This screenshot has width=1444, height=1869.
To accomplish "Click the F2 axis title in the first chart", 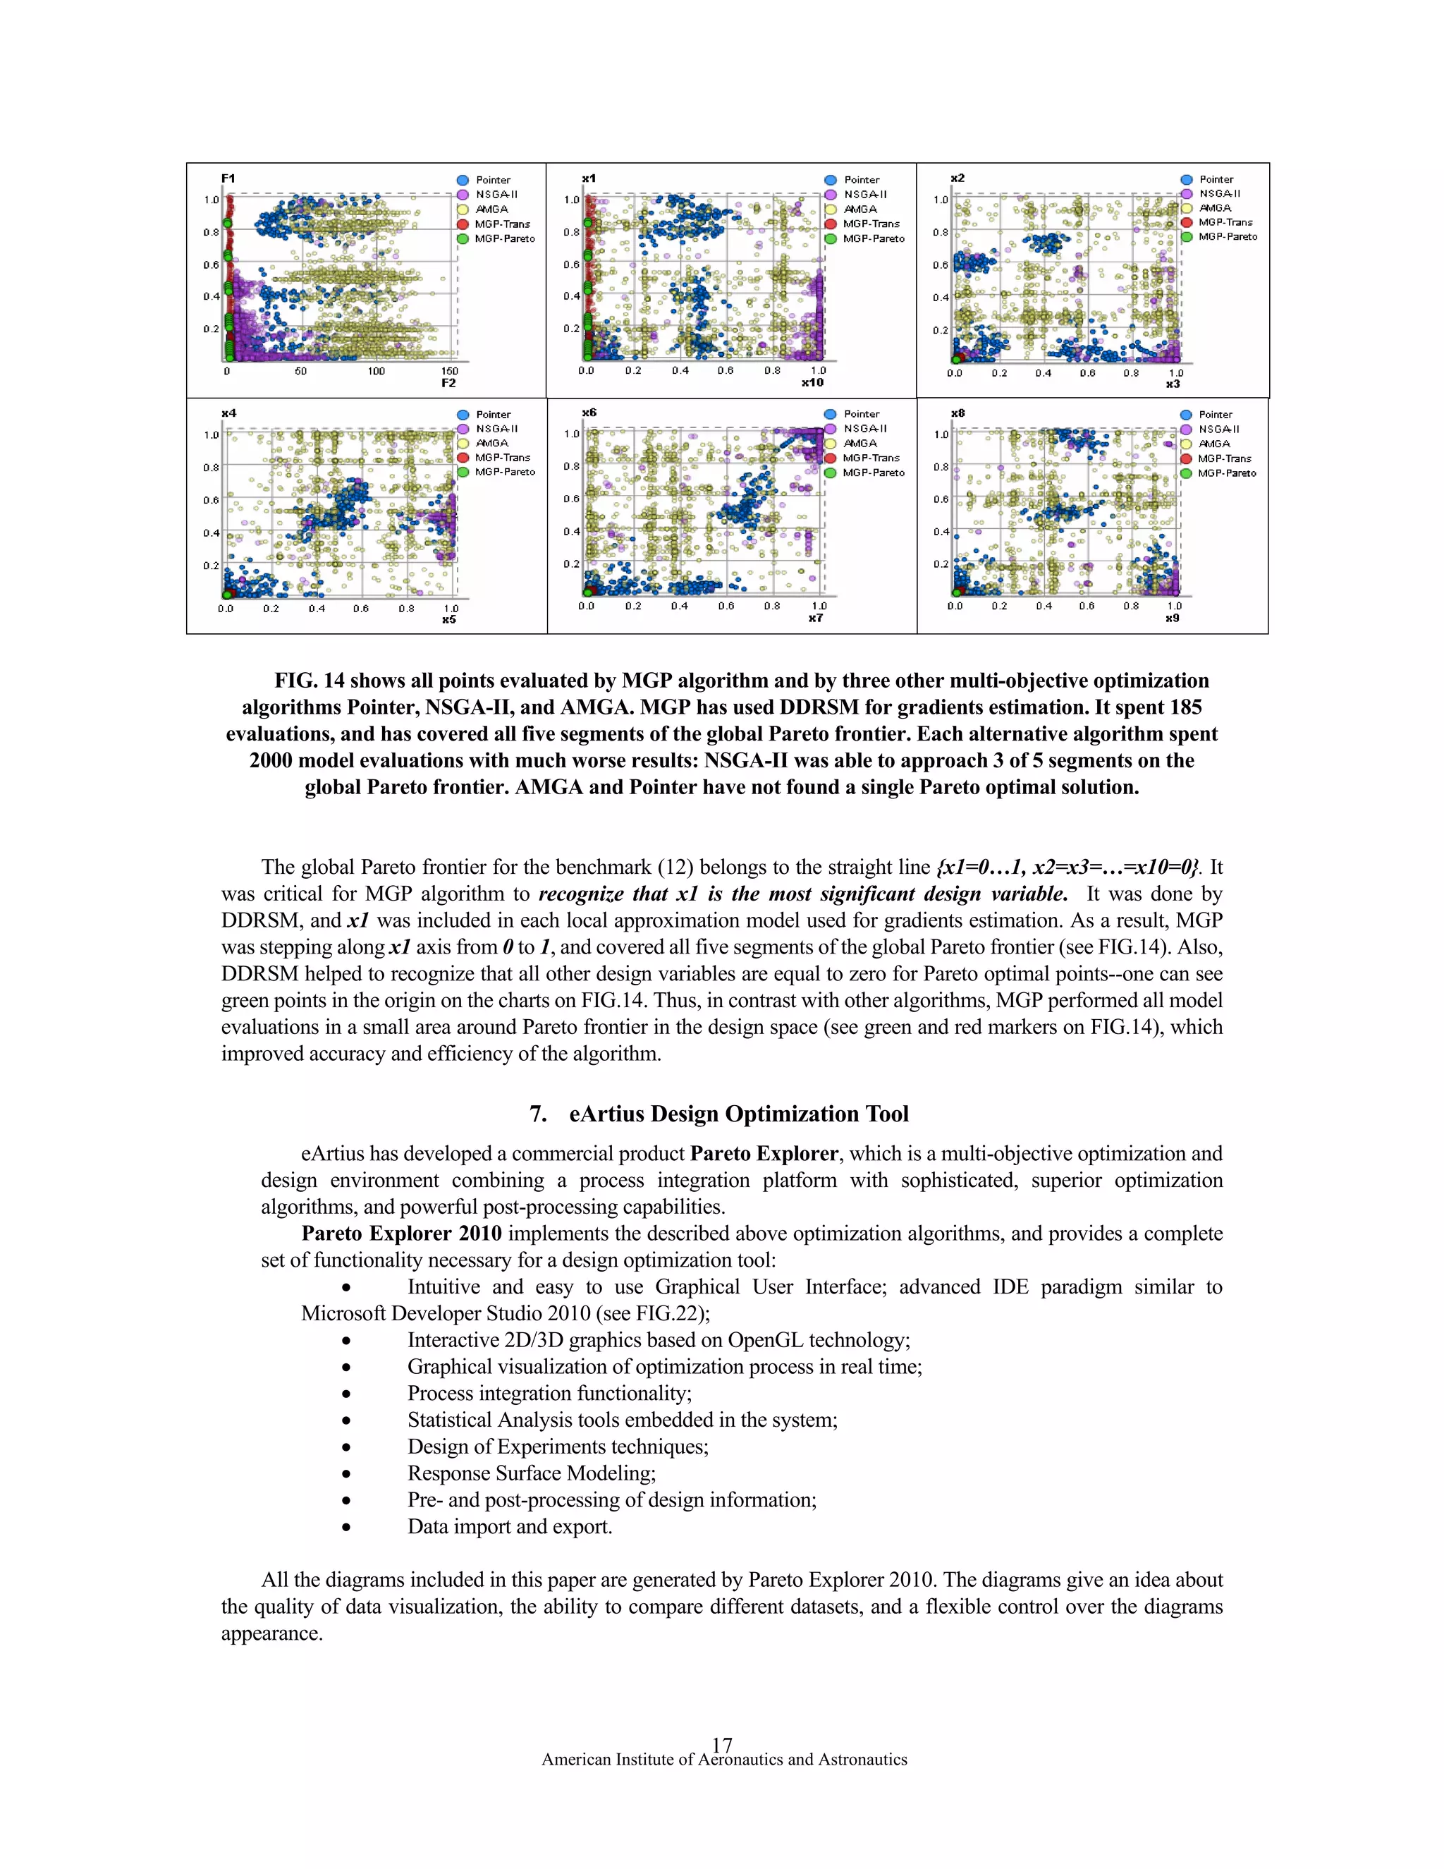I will point(448,384).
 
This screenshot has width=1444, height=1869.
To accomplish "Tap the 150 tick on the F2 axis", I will point(449,372).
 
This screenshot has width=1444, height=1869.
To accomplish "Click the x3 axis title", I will point(1172,384).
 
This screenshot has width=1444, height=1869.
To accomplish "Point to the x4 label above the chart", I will point(228,413).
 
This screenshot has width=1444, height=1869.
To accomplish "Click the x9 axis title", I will point(1171,618).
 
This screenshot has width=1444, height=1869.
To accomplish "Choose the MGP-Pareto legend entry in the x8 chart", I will point(1226,473).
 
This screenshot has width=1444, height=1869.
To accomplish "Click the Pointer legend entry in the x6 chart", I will point(861,414).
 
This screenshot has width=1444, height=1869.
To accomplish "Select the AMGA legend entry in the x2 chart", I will point(1214,208).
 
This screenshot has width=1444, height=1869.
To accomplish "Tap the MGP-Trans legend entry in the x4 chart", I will point(501,458).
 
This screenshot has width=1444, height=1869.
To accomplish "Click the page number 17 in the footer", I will point(721,1744).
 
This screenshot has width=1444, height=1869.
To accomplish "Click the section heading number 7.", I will point(538,1114).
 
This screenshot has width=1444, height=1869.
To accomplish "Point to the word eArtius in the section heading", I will point(606,1114).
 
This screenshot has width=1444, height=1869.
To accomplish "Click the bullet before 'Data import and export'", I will point(345,1528).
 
